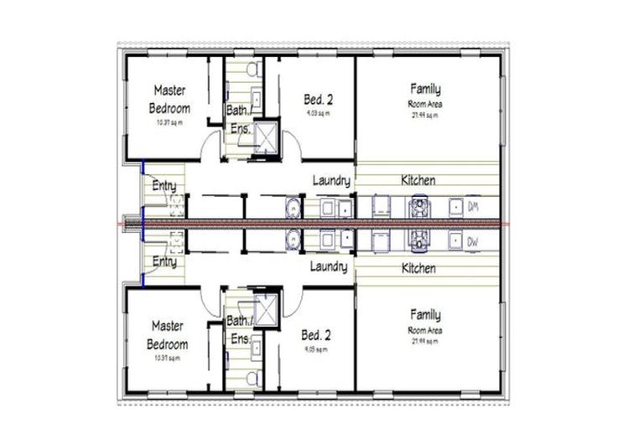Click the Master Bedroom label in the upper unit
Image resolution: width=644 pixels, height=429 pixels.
click(x=169, y=98)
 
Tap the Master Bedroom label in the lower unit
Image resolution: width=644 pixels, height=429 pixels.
click(x=169, y=334)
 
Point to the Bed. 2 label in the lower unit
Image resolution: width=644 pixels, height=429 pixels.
click(x=316, y=334)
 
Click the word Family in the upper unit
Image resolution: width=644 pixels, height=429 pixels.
click(x=425, y=88)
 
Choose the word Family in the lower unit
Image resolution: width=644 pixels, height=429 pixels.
click(x=425, y=315)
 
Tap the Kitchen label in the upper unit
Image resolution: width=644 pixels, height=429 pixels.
click(x=418, y=180)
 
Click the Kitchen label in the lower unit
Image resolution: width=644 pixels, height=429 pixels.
click(x=418, y=268)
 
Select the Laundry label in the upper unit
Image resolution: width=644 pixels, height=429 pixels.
click(x=331, y=180)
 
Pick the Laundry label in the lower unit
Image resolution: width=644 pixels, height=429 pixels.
click(x=329, y=267)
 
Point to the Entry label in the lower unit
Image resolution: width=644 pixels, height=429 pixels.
click(x=164, y=262)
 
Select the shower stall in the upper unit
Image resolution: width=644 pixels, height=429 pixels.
click(x=266, y=136)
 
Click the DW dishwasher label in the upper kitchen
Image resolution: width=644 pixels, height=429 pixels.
click(x=473, y=206)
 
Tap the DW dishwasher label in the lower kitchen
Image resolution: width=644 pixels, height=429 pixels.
click(x=473, y=242)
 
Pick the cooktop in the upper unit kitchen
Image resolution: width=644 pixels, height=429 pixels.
click(x=417, y=206)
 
